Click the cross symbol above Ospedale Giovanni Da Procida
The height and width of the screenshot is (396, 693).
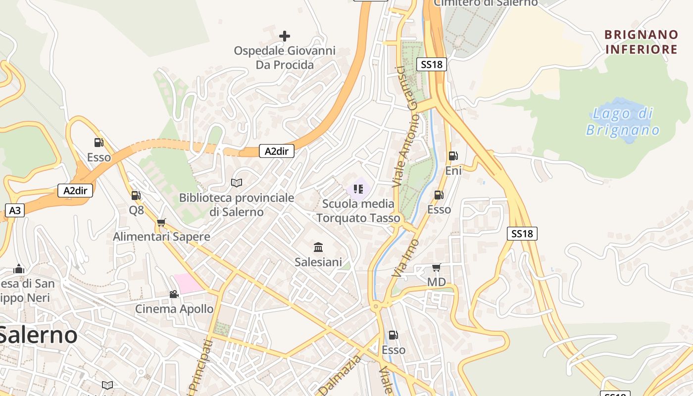pos(285,36)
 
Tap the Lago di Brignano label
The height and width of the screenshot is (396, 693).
pos(623,122)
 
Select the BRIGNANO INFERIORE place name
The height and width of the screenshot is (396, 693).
pos(641,42)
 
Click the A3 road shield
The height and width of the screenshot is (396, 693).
pos(15,210)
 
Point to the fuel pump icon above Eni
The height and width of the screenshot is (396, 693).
pos(453,156)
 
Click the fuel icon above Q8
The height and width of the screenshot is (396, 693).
pos(136,196)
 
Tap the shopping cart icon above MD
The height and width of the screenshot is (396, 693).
pos(436,268)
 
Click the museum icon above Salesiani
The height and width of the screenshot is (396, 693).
pos(318,247)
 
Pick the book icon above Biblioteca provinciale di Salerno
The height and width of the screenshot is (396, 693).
pos(237,183)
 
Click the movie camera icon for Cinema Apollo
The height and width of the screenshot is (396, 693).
pos(174,294)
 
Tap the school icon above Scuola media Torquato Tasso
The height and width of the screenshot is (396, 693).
pos(358,189)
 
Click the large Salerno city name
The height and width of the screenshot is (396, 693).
pos(39,335)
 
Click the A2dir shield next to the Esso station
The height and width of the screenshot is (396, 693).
pos(75,191)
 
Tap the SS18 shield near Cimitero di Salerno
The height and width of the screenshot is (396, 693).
pos(432,64)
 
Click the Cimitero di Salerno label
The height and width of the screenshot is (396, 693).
pos(486,3)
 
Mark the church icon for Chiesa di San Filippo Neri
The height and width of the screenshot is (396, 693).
pos(19,269)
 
